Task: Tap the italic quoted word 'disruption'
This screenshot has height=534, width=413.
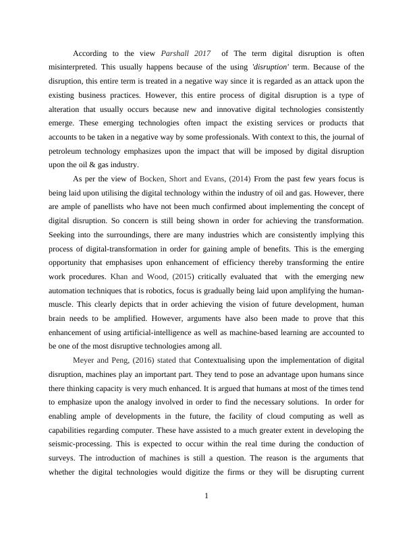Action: pyautogui.click(x=270, y=67)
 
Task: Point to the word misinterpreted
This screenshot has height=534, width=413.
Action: pyautogui.click(x=74, y=67)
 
